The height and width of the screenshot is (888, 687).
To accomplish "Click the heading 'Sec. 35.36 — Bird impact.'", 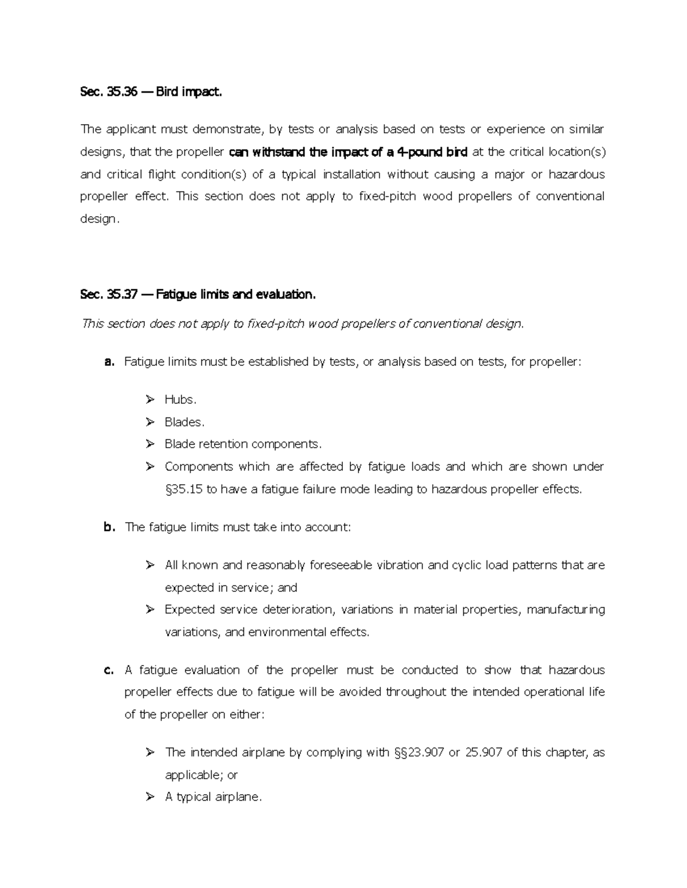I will (151, 91).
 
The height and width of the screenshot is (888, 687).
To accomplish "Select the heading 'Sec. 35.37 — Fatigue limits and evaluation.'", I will (198, 294).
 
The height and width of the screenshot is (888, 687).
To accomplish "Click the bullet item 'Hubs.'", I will (180, 400).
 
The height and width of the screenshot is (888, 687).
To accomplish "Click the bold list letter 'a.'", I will (110, 362).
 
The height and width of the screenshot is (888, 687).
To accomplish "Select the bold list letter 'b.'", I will (110, 527).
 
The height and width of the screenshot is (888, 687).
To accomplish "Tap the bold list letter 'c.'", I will (110, 670).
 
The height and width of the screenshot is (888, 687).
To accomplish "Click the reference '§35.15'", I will (183, 489).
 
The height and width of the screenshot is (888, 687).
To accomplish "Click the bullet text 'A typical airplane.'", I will (213, 797).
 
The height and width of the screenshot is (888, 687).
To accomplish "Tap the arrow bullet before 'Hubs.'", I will (150, 400).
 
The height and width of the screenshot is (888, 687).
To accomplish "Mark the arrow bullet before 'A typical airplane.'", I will (150, 797).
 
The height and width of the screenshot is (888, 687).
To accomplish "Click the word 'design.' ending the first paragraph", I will (100, 219).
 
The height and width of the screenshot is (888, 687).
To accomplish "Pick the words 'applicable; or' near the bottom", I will (201, 775).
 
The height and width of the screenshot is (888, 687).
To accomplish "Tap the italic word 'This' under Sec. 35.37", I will (94, 324).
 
